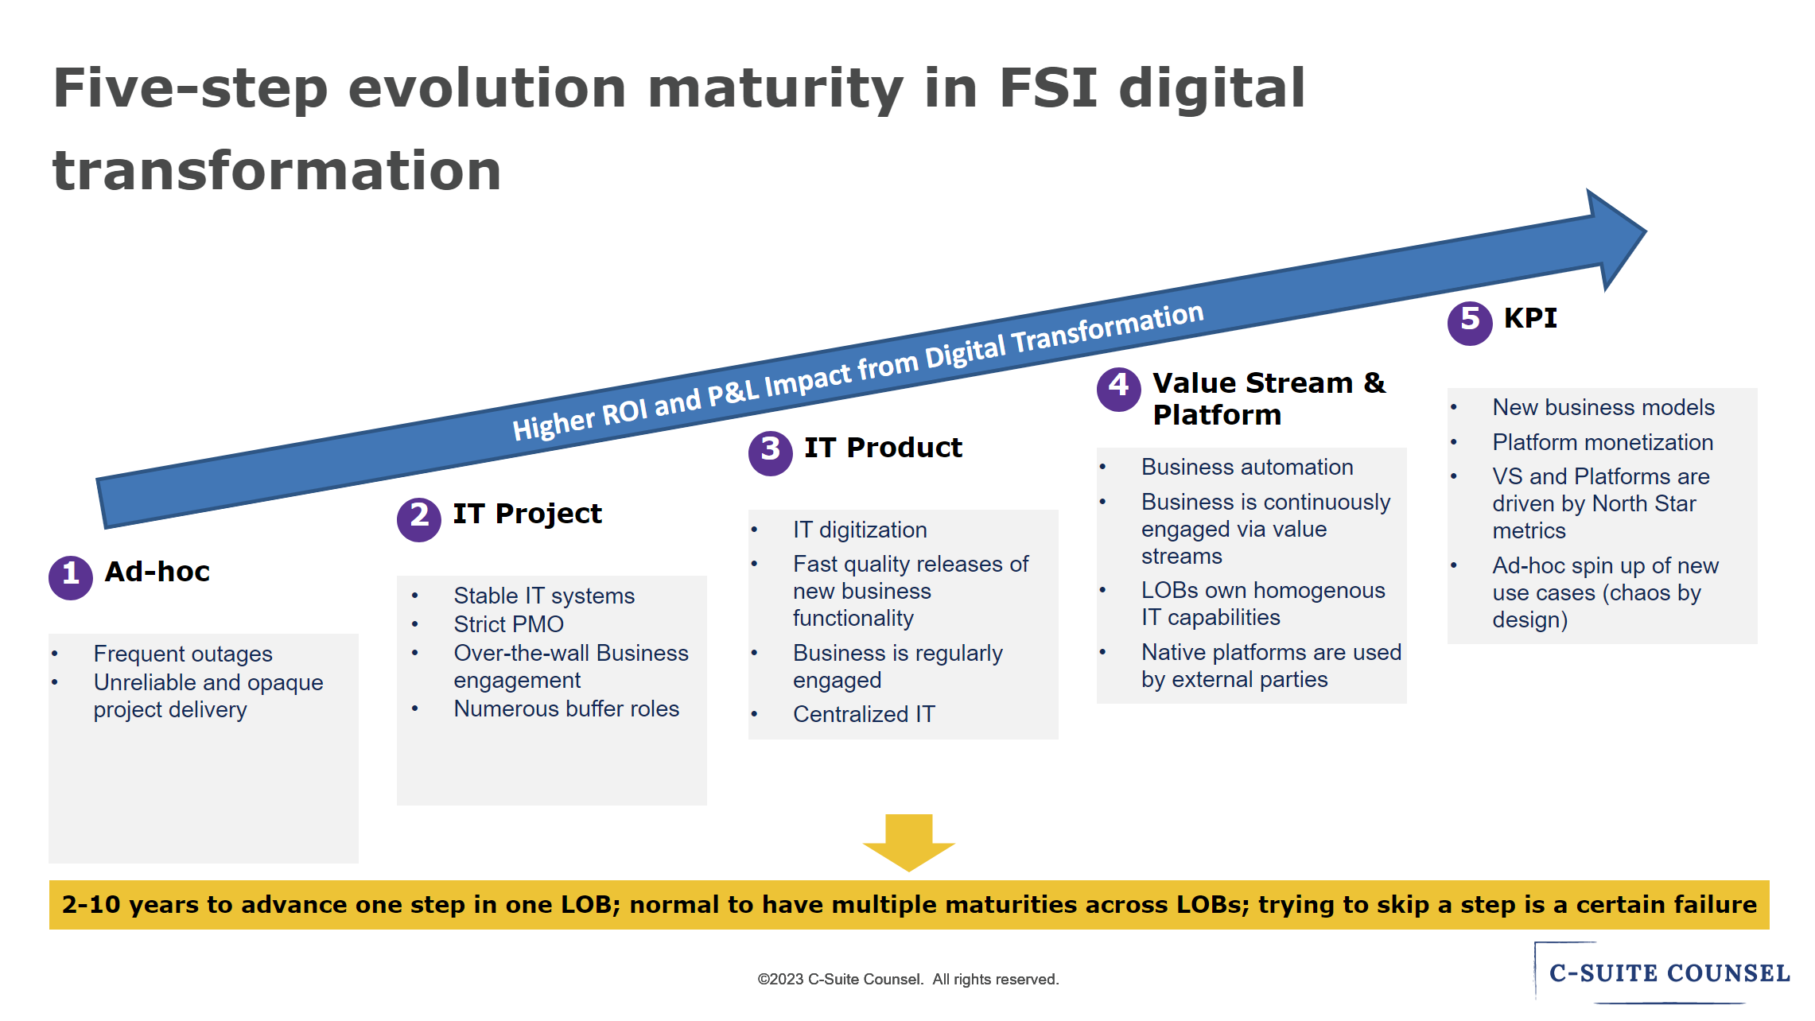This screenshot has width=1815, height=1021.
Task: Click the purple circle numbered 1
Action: coord(71,577)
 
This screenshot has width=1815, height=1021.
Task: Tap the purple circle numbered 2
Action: coord(419,519)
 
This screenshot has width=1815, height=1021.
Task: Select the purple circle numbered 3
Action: coord(770,453)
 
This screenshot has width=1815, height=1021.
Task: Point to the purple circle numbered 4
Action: coord(1118,389)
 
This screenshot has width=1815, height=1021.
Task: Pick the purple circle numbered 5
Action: coord(1469,323)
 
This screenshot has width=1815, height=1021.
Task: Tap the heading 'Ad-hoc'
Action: coord(157,572)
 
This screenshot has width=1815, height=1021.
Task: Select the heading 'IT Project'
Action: coord(527,514)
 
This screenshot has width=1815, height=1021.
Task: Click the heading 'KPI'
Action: coord(1530,318)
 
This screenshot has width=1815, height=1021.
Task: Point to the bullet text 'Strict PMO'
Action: coord(508,624)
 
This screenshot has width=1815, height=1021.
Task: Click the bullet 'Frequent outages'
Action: coord(183,654)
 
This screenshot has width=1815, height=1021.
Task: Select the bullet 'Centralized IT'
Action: coord(864,714)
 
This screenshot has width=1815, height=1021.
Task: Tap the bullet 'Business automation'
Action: coord(1246,467)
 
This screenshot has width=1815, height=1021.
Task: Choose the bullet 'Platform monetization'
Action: coord(1602,442)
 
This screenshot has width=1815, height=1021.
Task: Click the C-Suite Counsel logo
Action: coord(1668,973)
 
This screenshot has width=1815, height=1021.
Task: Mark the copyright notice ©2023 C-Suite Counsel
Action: coord(907,980)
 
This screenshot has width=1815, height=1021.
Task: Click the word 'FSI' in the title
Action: coord(1047,87)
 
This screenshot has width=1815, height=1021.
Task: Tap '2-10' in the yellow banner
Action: coord(91,905)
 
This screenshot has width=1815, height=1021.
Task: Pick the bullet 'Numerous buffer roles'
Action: coord(565,708)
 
